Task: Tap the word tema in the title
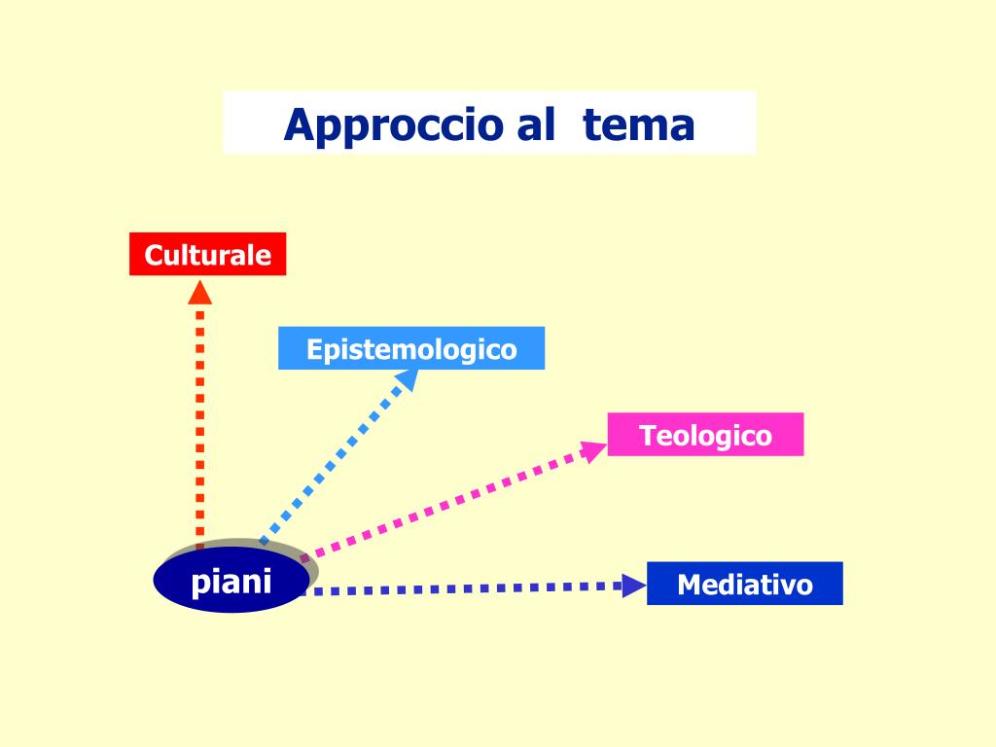[639, 125]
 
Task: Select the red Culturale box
[208, 254]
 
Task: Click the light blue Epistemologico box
[411, 348]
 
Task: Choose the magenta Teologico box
[705, 435]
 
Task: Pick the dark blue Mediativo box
[744, 584]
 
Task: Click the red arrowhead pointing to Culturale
[200, 292]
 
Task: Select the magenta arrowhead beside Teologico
[592, 451]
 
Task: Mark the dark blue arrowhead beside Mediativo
[633, 586]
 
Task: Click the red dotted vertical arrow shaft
[200, 418]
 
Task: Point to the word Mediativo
[744, 585]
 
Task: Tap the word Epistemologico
[411, 349]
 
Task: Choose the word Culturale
[208, 255]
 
